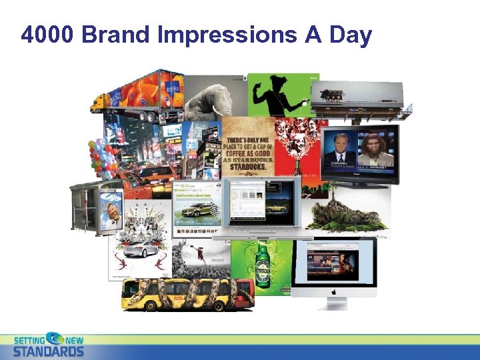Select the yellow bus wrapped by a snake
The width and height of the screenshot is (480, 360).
pos(187,293)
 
